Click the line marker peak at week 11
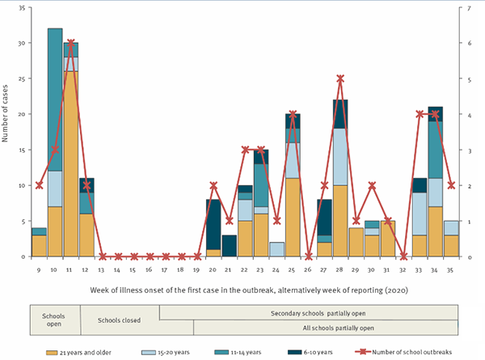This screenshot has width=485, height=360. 71,43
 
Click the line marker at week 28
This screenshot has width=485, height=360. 340,78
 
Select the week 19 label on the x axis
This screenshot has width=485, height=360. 197,269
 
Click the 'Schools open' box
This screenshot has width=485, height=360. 55,320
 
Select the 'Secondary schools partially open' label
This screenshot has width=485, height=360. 309,312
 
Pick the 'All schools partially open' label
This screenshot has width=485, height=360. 325,328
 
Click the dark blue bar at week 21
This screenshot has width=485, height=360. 229,246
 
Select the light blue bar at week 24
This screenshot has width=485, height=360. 276,249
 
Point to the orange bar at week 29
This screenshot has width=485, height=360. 356,242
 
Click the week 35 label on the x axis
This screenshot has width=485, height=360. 451,269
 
